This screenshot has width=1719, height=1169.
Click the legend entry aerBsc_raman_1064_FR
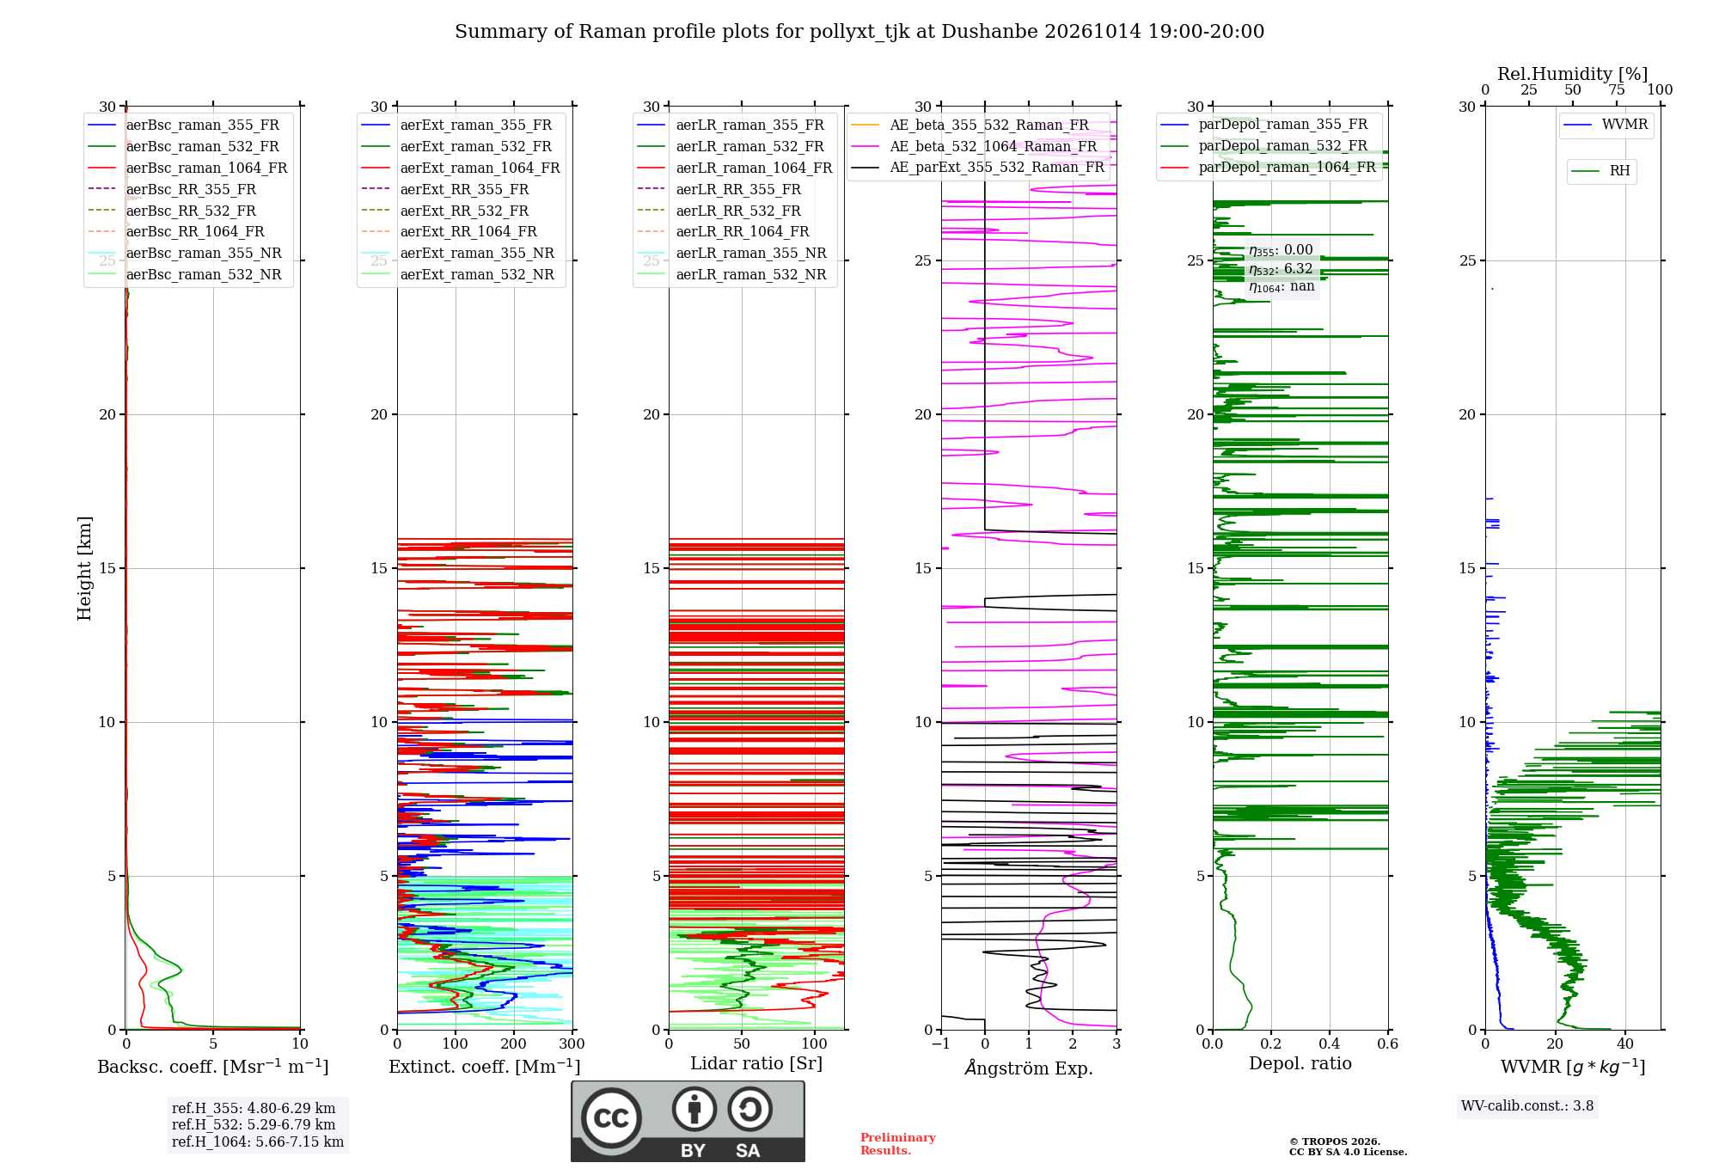pos(187,168)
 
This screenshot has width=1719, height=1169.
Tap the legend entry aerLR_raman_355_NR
pos(731,253)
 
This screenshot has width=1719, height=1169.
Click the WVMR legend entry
pos(1606,125)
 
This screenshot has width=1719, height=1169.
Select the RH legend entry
pos(1600,171)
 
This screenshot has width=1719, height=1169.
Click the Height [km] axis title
pos(84,568)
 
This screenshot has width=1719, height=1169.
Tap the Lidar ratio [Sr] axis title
pos(756,1063)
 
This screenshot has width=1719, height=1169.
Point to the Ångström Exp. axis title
pos(1029,1068)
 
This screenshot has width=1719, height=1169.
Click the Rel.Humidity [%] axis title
pos(1573,74)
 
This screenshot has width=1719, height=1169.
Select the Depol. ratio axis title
pos(1300,1063)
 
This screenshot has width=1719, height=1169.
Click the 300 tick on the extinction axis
pos(572,1044)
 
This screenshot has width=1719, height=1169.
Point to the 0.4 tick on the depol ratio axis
pos(1330,1044)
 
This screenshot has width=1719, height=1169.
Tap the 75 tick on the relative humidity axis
pos(1617,89)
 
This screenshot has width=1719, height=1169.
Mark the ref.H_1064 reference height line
pos(258,1141)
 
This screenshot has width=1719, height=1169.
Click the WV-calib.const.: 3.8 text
pos(1527,1105)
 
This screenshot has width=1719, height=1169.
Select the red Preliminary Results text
pos(898,1144)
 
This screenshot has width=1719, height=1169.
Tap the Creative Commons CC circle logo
pos(611,1117)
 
